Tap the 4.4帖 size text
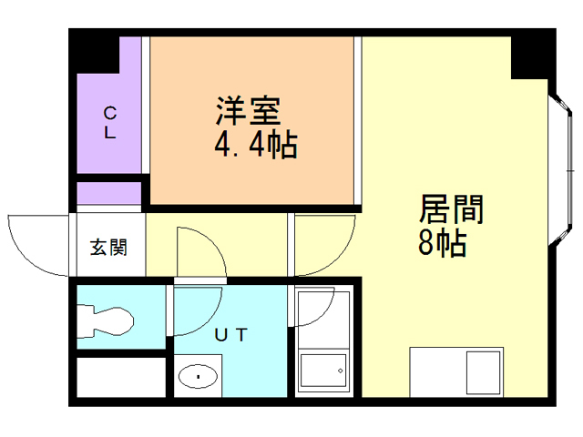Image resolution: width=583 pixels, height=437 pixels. click(255, 144)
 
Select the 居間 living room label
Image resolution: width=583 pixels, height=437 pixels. click(450, 210)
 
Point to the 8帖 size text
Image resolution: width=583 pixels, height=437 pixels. click(443, 243)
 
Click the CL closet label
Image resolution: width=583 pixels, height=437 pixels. click(109, 123)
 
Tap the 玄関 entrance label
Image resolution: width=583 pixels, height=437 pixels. click(108, 247)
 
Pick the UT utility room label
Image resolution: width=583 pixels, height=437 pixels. click(230, 334)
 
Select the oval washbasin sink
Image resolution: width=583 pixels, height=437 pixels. click(198, 375)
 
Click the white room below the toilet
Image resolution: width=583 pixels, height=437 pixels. click(120, 377)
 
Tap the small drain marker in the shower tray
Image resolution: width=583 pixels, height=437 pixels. click(340, 371)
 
